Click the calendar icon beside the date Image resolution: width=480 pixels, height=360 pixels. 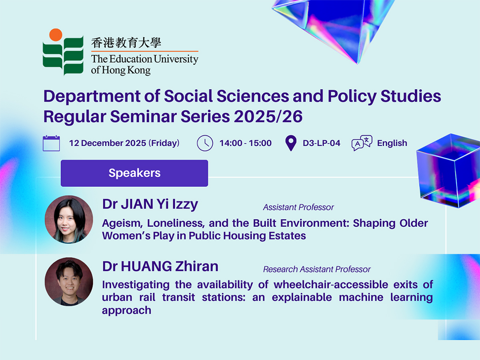pos(51,143)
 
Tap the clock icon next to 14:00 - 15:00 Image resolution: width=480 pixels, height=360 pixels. pos(205,143)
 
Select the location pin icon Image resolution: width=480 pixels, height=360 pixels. pos(291,143)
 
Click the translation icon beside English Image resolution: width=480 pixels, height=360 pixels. pos(362,143)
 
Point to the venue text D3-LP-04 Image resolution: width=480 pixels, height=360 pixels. pos(321,143)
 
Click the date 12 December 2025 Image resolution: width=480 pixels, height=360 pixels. pos(107,143)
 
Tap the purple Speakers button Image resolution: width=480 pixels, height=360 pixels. pos(134,173)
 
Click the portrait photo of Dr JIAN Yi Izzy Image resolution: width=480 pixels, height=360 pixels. pos(69,220)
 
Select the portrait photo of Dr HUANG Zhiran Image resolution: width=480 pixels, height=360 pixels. pos(69,282)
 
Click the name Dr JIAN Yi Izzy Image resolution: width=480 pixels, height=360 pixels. pos(150,204)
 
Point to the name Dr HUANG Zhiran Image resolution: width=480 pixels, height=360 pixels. pos(160,266)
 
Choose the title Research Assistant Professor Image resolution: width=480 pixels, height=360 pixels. pos(317,270)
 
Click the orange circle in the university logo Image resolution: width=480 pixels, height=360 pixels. pos(56,34)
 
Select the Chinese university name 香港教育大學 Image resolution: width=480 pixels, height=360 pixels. pos(126,42)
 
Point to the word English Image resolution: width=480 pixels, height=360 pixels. pos(392,143)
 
